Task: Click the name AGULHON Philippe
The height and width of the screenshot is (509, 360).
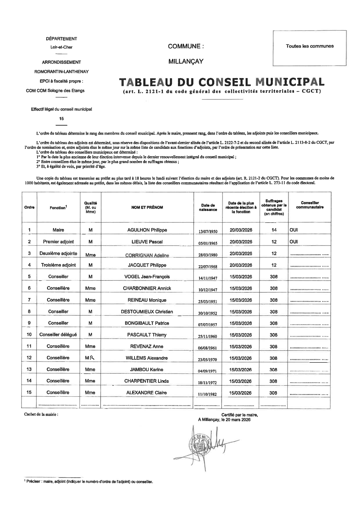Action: tap(147, 230)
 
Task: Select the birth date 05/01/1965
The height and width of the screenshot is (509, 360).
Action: tap(208, 243)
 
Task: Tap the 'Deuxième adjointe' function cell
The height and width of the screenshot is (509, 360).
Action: tap(58, 253)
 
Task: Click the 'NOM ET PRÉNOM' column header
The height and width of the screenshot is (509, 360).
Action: tap(147, 207)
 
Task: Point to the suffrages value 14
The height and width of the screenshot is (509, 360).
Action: tap(274, 230)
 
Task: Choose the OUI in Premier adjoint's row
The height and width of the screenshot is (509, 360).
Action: tap(294, 242)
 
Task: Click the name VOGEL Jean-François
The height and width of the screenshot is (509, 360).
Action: tap(147, 277)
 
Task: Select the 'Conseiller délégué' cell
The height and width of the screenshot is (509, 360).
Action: tap(58, 335)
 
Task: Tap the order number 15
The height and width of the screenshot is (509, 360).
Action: tap(29, 392)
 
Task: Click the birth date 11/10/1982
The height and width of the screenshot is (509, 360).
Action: tap(208, 394)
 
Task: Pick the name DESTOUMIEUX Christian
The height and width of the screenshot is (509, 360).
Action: tap(147, 312)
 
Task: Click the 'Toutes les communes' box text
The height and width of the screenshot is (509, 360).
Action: tap(310, 46)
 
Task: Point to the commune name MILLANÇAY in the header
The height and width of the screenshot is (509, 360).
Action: tap(186, 62)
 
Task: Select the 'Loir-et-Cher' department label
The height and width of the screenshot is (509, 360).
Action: tap(61, 47)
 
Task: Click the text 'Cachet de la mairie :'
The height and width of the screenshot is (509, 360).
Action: tap(41, 414)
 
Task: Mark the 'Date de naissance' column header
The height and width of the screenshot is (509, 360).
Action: tap(208, 207)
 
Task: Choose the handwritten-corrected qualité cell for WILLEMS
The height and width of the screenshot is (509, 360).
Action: tap(90, 358)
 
